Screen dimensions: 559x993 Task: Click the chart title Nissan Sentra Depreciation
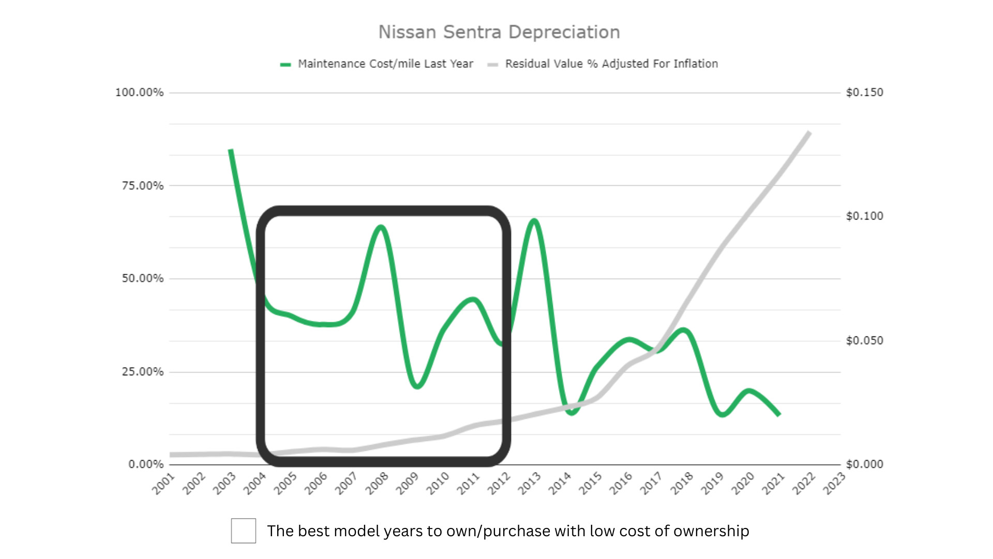tap(499, 32)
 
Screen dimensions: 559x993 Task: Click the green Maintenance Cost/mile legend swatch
tap(285, 64)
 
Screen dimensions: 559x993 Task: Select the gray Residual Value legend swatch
tap(492, 64)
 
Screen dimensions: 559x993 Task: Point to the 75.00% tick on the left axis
tap(142, 185)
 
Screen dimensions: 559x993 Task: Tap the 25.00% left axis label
tap(142, 372)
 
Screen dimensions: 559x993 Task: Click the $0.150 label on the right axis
tap(864, 93)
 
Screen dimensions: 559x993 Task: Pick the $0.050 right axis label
tap(864, 341)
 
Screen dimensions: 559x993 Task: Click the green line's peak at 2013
tap(534, 221)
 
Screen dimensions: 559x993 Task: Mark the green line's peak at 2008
tap(381, 227)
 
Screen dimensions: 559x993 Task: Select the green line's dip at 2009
tap(417, 386)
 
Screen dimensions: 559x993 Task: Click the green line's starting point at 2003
tap(231, 150)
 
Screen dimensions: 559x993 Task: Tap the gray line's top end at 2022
tap(809, 133)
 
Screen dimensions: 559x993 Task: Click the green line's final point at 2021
tap(779, 415)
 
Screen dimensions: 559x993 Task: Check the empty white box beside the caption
tap(244, 531)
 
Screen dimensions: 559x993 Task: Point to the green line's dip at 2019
tap(723, 414)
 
